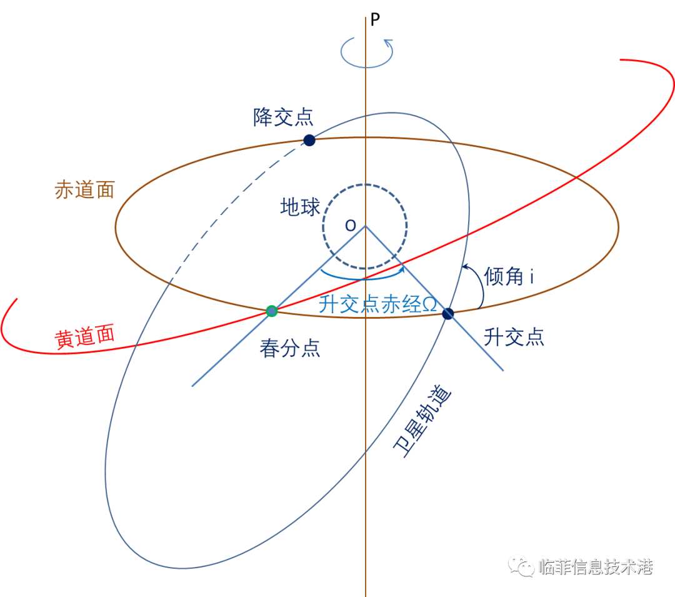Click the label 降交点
[x=283, y=117]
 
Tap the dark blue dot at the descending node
[x=309, y=140]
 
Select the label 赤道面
[x=85, y=190]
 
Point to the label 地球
[x=300, y=207]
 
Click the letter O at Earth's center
[x=350, y=226]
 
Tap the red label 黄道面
[x=85, y=338]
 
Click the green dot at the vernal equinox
[x=271, y=311]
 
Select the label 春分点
[x=290, y=348]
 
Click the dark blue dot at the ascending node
[x=447, y=314]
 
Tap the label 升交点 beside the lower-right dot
[x=513, y=338]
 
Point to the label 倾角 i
[x=509, y=276]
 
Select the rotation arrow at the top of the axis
[x=367, y=53]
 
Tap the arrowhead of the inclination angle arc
[x=465, y=268]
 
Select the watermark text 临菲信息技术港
[x=595, y=566]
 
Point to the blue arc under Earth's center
[x=359, y=277]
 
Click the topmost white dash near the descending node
[x=294, y=147]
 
